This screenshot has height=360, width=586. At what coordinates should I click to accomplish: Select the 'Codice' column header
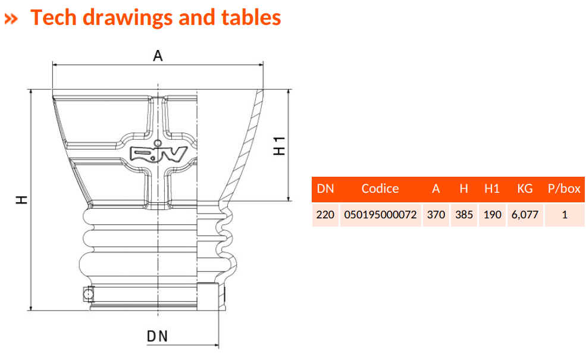tap(380, 189)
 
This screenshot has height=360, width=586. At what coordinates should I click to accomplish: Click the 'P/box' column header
tap(564, 189)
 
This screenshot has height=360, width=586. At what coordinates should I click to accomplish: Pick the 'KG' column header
tap(525, 189)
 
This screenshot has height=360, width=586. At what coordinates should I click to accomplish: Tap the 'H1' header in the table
tap(492, 189)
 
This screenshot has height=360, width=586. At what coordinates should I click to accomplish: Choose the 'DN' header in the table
tap(325, 189)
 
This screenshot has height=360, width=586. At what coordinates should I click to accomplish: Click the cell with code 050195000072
tap(380, 214)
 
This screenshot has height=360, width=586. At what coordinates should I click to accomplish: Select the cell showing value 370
tap(436, 214)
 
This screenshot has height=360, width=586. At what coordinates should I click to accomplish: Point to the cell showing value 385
tap(464, 214)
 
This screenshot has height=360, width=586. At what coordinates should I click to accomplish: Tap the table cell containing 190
tap(492, 214)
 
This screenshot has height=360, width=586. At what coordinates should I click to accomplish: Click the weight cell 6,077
tap(525, 214)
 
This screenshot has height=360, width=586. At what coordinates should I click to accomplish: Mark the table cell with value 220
tap(325, 214)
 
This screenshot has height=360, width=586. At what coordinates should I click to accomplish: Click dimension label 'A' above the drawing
tap(158, 55)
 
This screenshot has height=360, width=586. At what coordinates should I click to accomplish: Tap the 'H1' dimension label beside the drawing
tap(280, 146)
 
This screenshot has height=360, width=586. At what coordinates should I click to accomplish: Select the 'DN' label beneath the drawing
tap(158, 337)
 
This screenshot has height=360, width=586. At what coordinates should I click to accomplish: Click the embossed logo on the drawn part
tap(158, 154)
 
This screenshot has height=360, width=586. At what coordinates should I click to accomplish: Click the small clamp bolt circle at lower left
tap(88, 294)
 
